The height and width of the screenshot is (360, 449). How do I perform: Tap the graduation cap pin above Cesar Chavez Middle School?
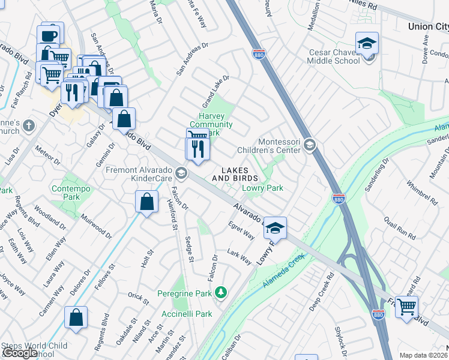tap(367, 44)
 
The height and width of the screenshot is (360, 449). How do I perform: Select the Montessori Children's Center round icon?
tap(309, 144)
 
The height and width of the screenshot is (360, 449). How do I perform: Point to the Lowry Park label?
tap(262, 188)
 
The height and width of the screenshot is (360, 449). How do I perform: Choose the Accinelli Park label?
tap(187, 314)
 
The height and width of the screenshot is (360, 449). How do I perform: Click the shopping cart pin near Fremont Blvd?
tap(407, 307)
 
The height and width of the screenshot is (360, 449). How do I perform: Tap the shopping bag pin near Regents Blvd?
tap(76, 319)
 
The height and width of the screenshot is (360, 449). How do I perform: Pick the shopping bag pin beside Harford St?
tap(146, 202)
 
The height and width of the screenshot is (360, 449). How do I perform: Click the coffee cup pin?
tap(49, 34)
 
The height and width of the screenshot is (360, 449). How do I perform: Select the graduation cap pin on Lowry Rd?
tap(274, 228)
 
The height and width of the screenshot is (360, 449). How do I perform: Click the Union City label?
tap(427, 26)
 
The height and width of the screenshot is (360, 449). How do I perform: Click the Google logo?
tap(20, 353)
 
